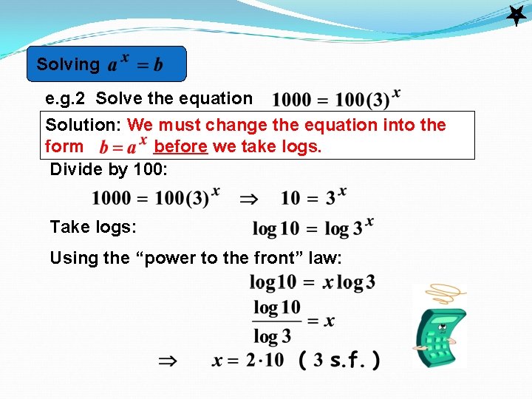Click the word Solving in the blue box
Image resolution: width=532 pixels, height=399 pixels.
click(67, 64)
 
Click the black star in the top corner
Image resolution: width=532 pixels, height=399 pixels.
click(515, 16)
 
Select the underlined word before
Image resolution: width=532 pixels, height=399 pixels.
click(181, 146)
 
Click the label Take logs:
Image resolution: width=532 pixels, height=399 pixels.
click(93, 227)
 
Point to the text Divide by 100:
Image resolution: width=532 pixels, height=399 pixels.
click(109, 169)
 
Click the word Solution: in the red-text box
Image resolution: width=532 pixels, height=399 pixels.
click(84, 125)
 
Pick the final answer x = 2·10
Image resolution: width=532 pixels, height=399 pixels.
click(247, 361)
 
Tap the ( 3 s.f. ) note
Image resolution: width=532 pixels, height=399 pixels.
click(340, 361)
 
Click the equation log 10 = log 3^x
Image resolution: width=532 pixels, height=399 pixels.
click(313, 227)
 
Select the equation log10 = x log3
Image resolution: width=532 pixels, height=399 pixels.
click(312, 282)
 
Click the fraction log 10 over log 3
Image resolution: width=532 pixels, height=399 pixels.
click(277, 321)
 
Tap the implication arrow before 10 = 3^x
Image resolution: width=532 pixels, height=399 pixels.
click(248, 198)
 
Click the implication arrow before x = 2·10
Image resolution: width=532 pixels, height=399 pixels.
click(168, 361)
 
